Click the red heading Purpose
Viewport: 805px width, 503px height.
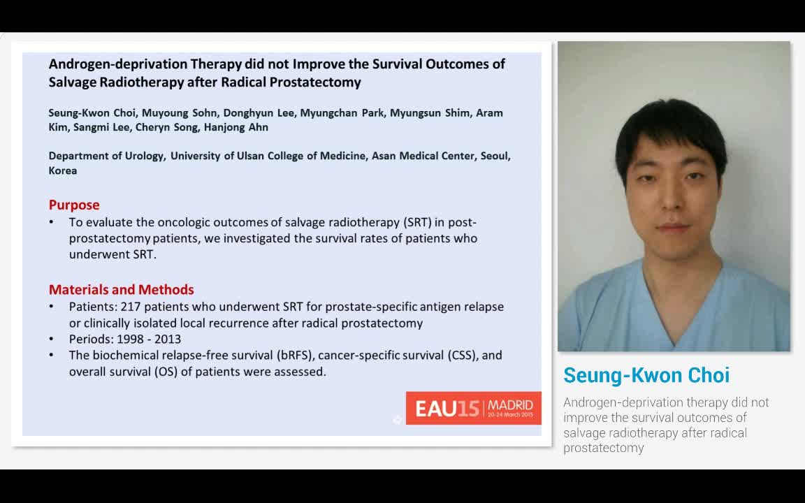click(x=74, y=205)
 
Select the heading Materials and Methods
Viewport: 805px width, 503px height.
click(x=122, y=289)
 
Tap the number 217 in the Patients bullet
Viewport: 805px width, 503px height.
click(x=131, y=307)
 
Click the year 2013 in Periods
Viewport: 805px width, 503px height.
click(x=168, y=339)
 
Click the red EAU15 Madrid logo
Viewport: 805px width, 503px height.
click(x=473, y=408)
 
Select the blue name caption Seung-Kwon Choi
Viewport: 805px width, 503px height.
click(x=646, y=375)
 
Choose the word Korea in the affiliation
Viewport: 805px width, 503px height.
click(x=63, y=170)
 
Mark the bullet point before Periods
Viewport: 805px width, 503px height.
click(x=52, y=339)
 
